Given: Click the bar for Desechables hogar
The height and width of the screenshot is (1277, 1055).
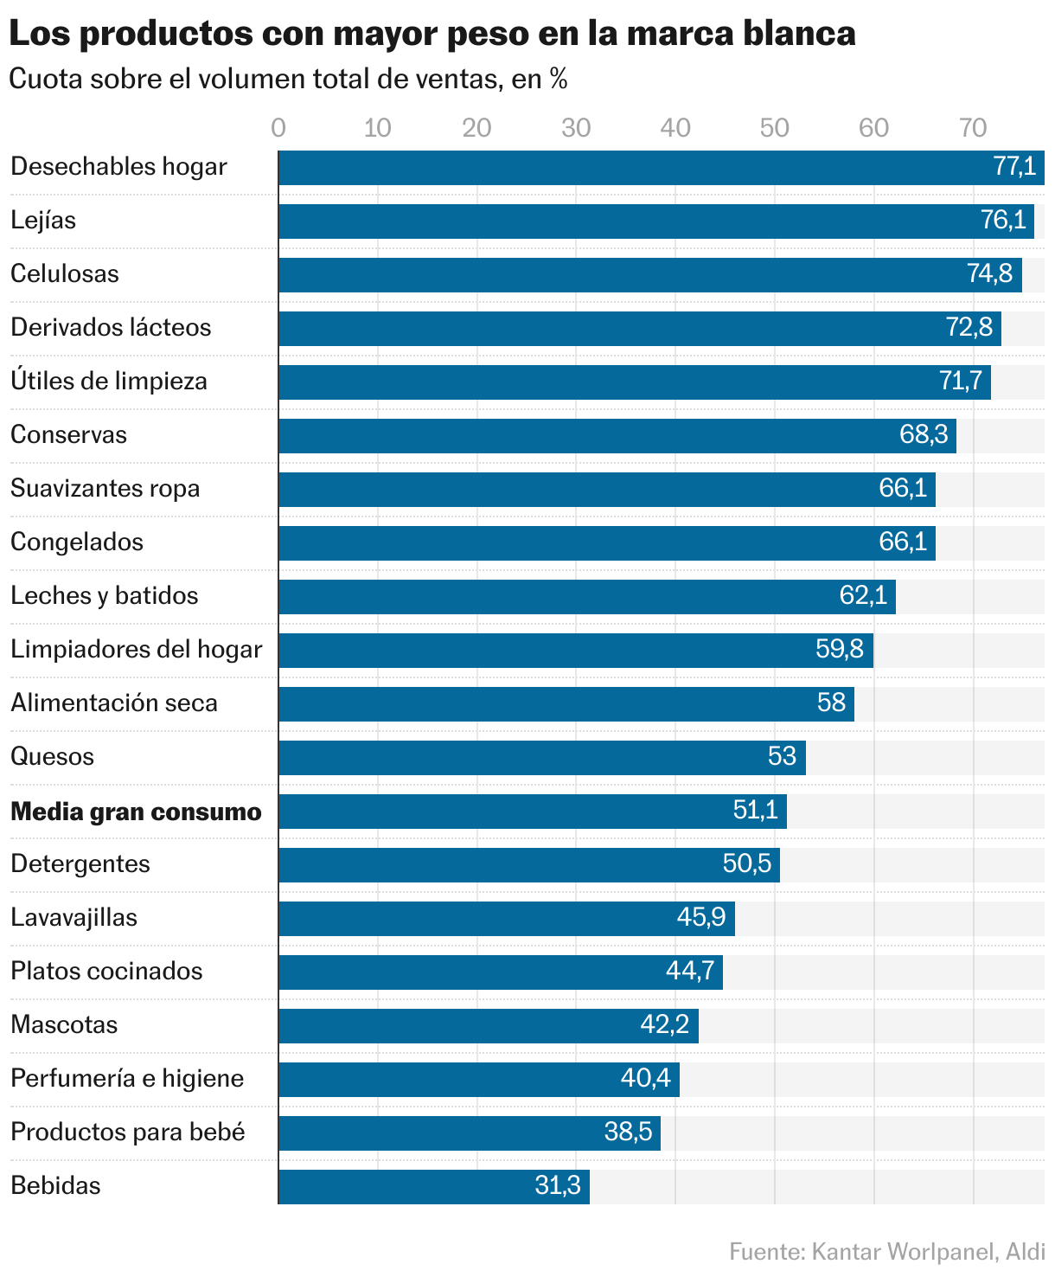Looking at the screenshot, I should coord(605,168).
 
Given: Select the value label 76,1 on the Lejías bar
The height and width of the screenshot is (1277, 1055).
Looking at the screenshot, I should coord(1003,221).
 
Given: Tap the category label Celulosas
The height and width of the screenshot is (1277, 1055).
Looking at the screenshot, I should coord(65,274).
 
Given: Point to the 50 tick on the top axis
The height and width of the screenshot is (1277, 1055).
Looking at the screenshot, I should coord(774,128).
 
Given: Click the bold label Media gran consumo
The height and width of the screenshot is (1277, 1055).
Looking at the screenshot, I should coord(136,812).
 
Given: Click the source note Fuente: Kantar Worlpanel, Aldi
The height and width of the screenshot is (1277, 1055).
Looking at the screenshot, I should coord(886,1252).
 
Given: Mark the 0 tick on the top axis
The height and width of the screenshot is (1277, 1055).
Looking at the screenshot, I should coord(278,128).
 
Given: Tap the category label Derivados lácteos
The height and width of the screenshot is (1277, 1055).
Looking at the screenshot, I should coord(111,328).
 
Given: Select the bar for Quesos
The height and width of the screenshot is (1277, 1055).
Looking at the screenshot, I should coord(519,758).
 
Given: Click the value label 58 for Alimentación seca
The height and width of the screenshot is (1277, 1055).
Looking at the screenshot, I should coord(831,703).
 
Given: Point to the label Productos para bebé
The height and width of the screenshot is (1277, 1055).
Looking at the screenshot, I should coord(128,1133).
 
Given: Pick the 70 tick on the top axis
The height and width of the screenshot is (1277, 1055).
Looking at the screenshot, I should coord(973,128).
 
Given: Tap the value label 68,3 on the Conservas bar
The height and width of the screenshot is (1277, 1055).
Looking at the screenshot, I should coord(924,435).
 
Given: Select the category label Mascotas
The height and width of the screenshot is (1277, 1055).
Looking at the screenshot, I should coord(64,1025).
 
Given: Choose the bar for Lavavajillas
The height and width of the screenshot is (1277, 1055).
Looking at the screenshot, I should coord(476,919).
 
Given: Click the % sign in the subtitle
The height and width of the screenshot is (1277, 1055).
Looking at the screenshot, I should coord(559,80).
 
